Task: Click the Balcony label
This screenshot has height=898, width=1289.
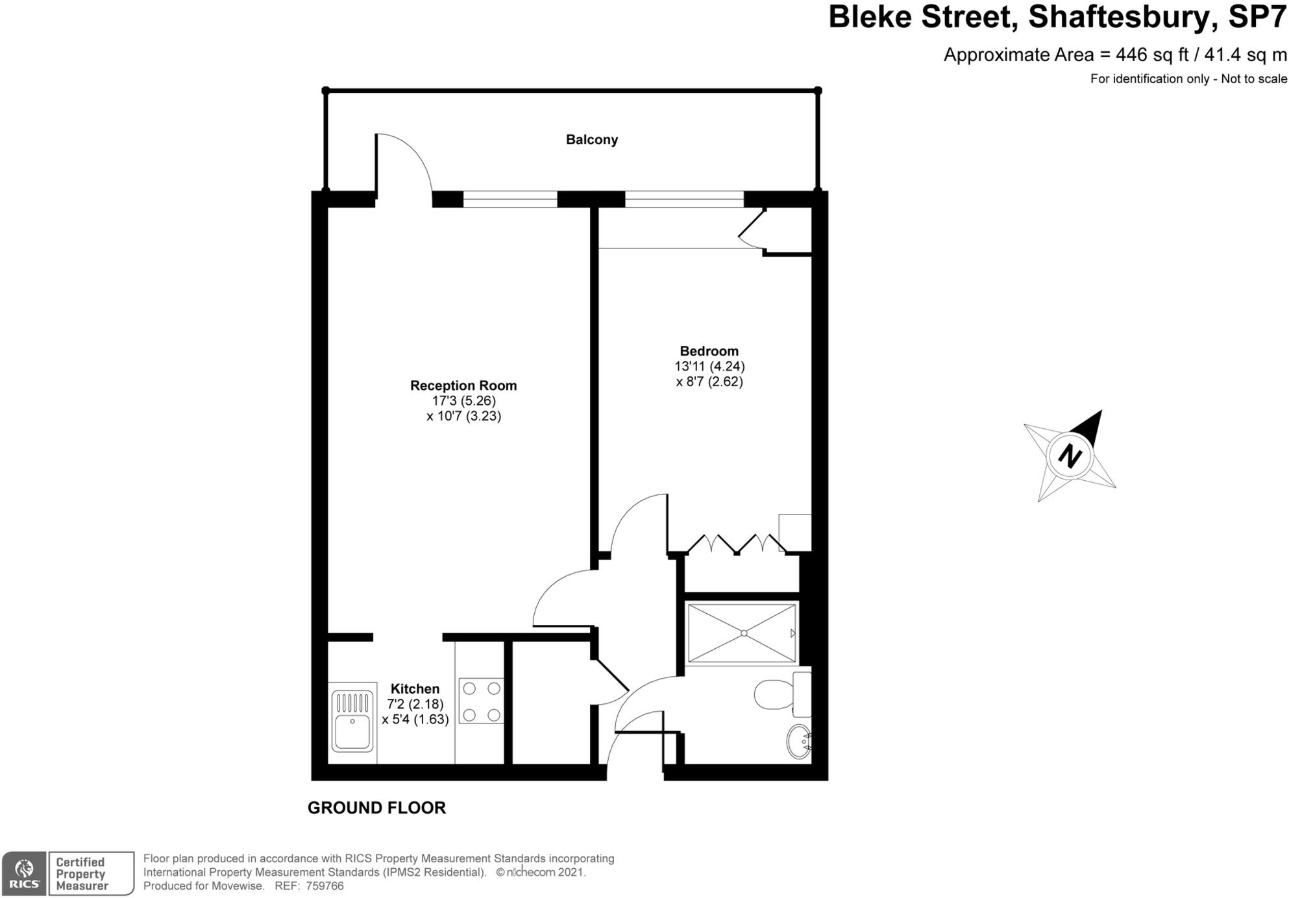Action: click(x=591, y=140)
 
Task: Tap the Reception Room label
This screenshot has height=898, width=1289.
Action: click(x=463, y=385)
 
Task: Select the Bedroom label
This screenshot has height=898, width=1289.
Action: click(x=709, y=351)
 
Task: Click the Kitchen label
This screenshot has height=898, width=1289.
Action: click(x=415, y=688)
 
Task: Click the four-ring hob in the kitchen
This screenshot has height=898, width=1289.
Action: click(x=481, y=701)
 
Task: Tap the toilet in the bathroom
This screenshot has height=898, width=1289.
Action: click(x=774, y=694)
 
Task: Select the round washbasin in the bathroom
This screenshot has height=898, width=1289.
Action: click(x=798, y=741)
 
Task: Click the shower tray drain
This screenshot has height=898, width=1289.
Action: click(x=744, y=633)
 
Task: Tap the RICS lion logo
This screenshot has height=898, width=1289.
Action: click(x=24, y=874)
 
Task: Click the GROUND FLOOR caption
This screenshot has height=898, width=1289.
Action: click(x=376, y=808)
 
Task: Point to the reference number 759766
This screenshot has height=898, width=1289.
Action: click(x=325, y=886)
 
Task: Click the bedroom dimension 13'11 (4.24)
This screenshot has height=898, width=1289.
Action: click(x=709, y=367)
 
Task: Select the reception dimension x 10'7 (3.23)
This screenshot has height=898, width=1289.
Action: click(x=463, y=417)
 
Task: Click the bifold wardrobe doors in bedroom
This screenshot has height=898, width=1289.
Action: click(x=737, y=544)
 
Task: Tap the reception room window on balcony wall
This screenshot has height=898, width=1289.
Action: click(x=510, y=199)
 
